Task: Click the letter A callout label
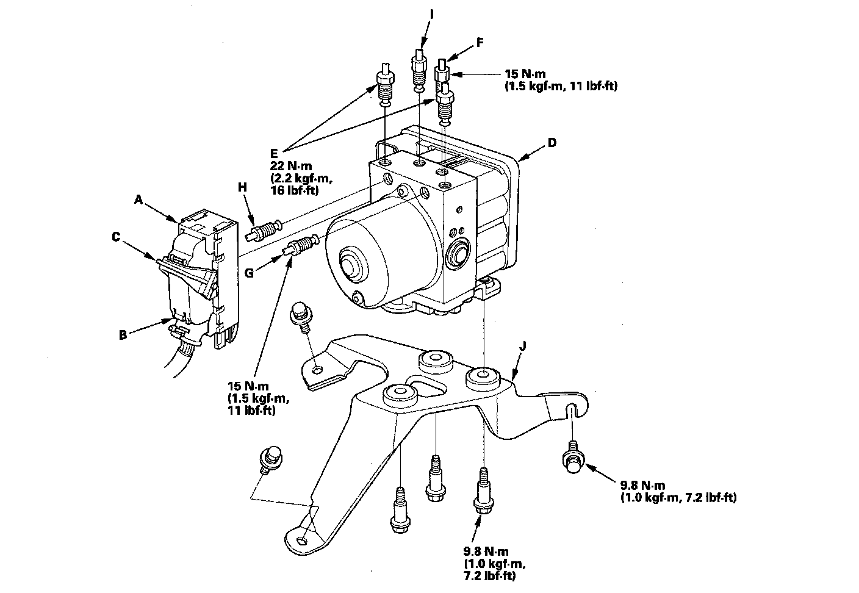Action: click(139, 199)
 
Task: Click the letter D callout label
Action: click(552, 143)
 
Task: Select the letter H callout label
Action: click(242, 188)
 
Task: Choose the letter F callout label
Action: click(480, 43)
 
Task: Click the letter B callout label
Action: click(123, 334)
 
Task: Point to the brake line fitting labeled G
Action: click(300, 247)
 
